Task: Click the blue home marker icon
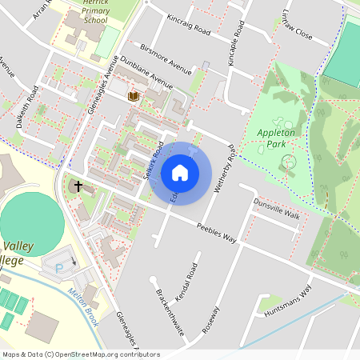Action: (x=180, y=173)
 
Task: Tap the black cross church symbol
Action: (x=78, y=186)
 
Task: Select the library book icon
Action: (x=134, y=96)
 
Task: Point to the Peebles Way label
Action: (x=218, y=233)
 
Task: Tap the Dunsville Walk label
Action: (x=276, y=210)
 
